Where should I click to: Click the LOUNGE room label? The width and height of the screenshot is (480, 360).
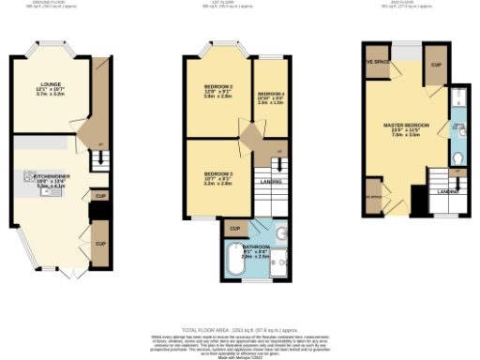click(x=37, y=84)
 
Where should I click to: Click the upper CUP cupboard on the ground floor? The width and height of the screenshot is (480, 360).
click(x=99, y=196)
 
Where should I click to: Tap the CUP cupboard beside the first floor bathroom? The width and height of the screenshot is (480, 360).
click(x=234, y=228)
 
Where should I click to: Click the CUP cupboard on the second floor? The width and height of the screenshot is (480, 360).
click(x=436, y=67)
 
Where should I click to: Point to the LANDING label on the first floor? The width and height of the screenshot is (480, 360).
click(x=272, y=181)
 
